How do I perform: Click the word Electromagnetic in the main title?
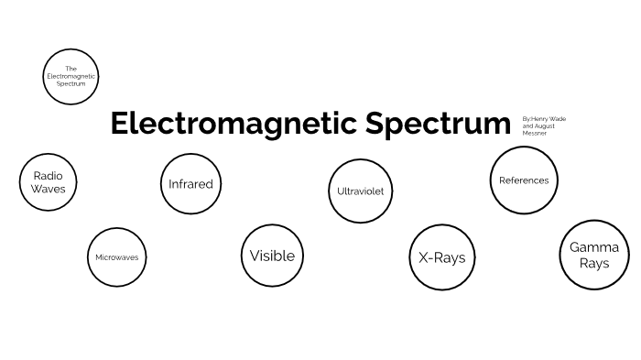click(233, 124)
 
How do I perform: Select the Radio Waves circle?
click(49, 181)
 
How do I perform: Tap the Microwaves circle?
click(117, 257)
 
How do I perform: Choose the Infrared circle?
click(190, 183)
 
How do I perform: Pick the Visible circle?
click(272, 256)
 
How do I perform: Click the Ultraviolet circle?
click(360, 191)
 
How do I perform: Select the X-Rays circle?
click(441, 257)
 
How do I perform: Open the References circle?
click(524, 180)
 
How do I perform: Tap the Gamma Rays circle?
click(593, 255)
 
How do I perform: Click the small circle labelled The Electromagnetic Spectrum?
click(71, 76)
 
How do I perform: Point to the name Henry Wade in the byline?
click(544, 118)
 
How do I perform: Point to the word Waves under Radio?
click(49, 189)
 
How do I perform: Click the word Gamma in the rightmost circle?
click(594, 247)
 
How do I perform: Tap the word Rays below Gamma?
click(593, 263)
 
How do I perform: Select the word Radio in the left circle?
click(49, 174)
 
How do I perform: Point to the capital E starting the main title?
click(119, 124)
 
